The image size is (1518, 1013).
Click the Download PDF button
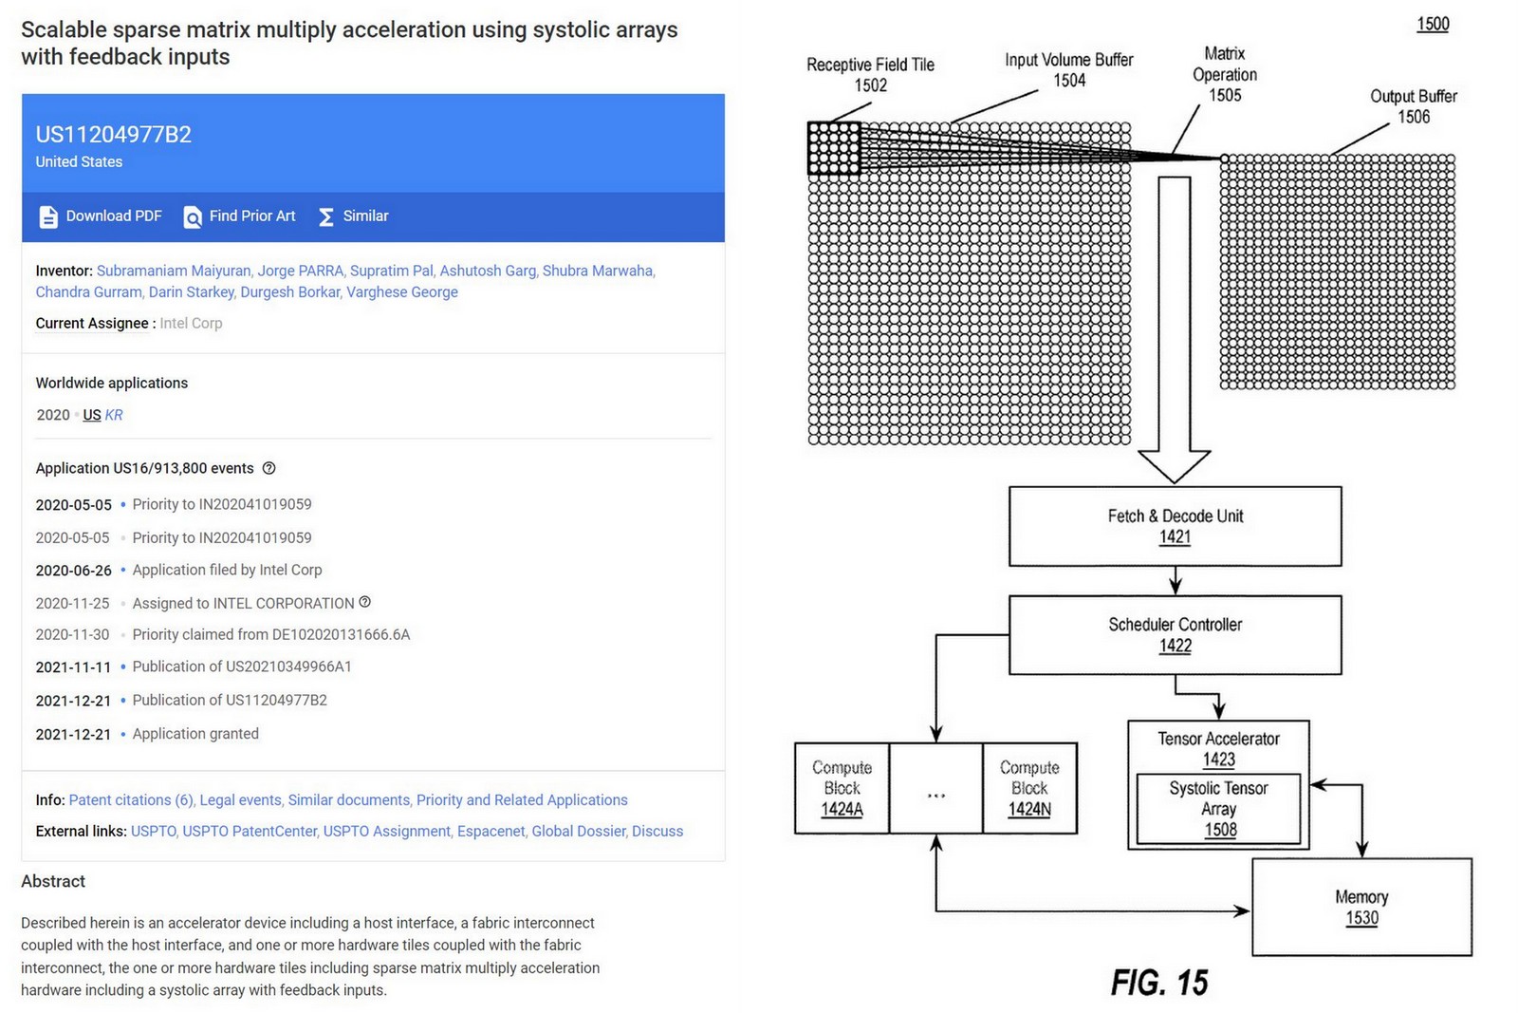coord(101,216)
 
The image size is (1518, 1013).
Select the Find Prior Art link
coord(240,216)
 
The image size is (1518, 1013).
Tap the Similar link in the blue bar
coord(354,216)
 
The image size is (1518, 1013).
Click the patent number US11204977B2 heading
coord(114,135)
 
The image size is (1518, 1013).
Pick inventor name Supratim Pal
coord(391,271)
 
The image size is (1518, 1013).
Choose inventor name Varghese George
coord(402,292)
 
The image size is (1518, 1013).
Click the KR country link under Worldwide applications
coord(114,415)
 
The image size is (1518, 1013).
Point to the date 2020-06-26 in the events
coord(73,571)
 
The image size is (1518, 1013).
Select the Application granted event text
coord(195,734)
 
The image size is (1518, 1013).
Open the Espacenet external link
coord(491,832)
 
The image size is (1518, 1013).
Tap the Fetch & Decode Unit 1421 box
coord(1175,526)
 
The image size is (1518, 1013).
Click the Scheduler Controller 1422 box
coord(1175,634)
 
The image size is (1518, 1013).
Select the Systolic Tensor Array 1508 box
coord(1218,809)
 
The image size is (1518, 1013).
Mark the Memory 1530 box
coord(1361,907)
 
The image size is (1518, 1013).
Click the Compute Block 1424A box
coord(842,788)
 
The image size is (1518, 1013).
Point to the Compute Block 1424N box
coord(1029,788)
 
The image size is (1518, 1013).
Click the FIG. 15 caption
coord(1159,983)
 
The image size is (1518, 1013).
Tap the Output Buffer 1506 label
coord(1413,106)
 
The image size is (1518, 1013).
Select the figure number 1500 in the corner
coord(1433,24)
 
